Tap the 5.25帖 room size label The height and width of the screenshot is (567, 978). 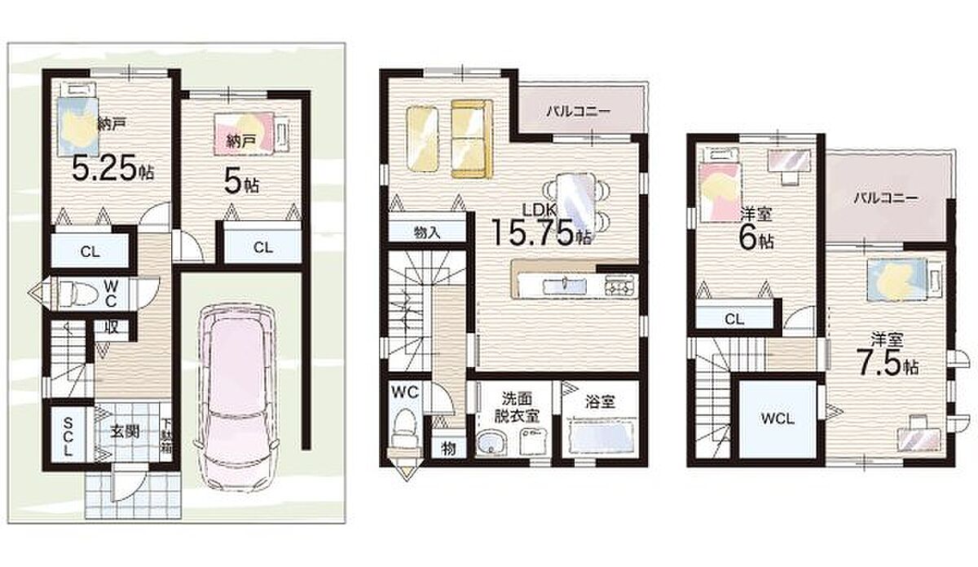[x=112, y=169]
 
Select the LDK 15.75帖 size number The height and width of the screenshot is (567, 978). [x=542, y=233]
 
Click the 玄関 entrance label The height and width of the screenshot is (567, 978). [x=125, y=432]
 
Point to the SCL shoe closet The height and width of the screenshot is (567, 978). [x=68, y=436]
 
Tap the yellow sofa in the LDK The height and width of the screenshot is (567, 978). [x=472, y=139]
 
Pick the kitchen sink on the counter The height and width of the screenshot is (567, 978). [x=564, y=285]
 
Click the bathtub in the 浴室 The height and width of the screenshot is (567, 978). [x=602, y=437]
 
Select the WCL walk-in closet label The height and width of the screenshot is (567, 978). [x=778, y=419]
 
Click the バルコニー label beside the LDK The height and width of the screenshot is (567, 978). [x=579, y=112]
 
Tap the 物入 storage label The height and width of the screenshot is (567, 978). [x=426, y=233]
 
